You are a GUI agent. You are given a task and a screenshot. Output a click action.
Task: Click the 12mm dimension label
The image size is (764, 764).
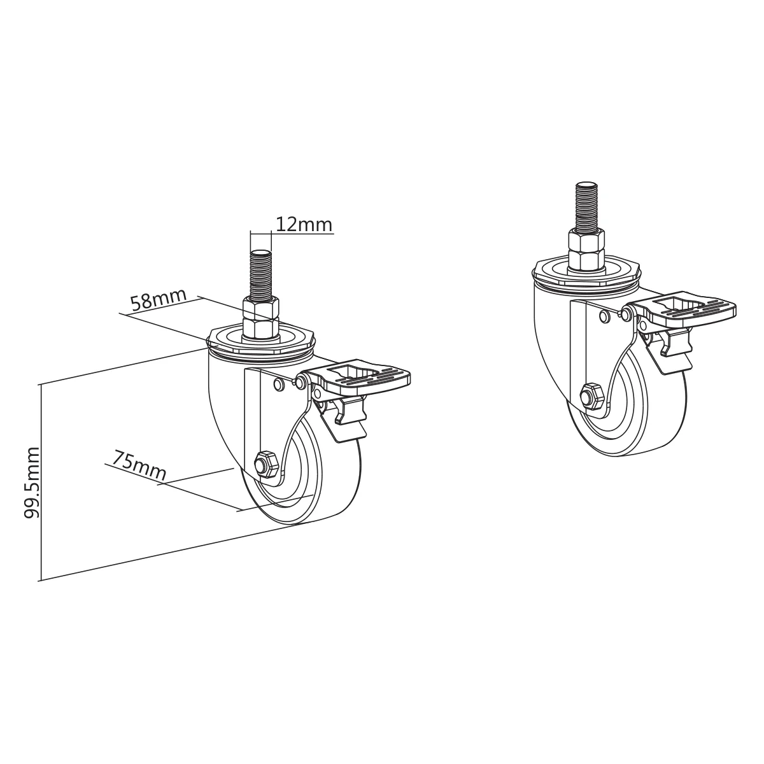(304, 224)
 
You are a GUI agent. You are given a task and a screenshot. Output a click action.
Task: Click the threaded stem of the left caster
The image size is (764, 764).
(262, 276)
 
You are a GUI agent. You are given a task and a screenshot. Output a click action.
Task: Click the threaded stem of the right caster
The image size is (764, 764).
(586, 208)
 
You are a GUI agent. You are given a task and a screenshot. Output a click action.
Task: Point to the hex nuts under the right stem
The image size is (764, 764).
(586, 250)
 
